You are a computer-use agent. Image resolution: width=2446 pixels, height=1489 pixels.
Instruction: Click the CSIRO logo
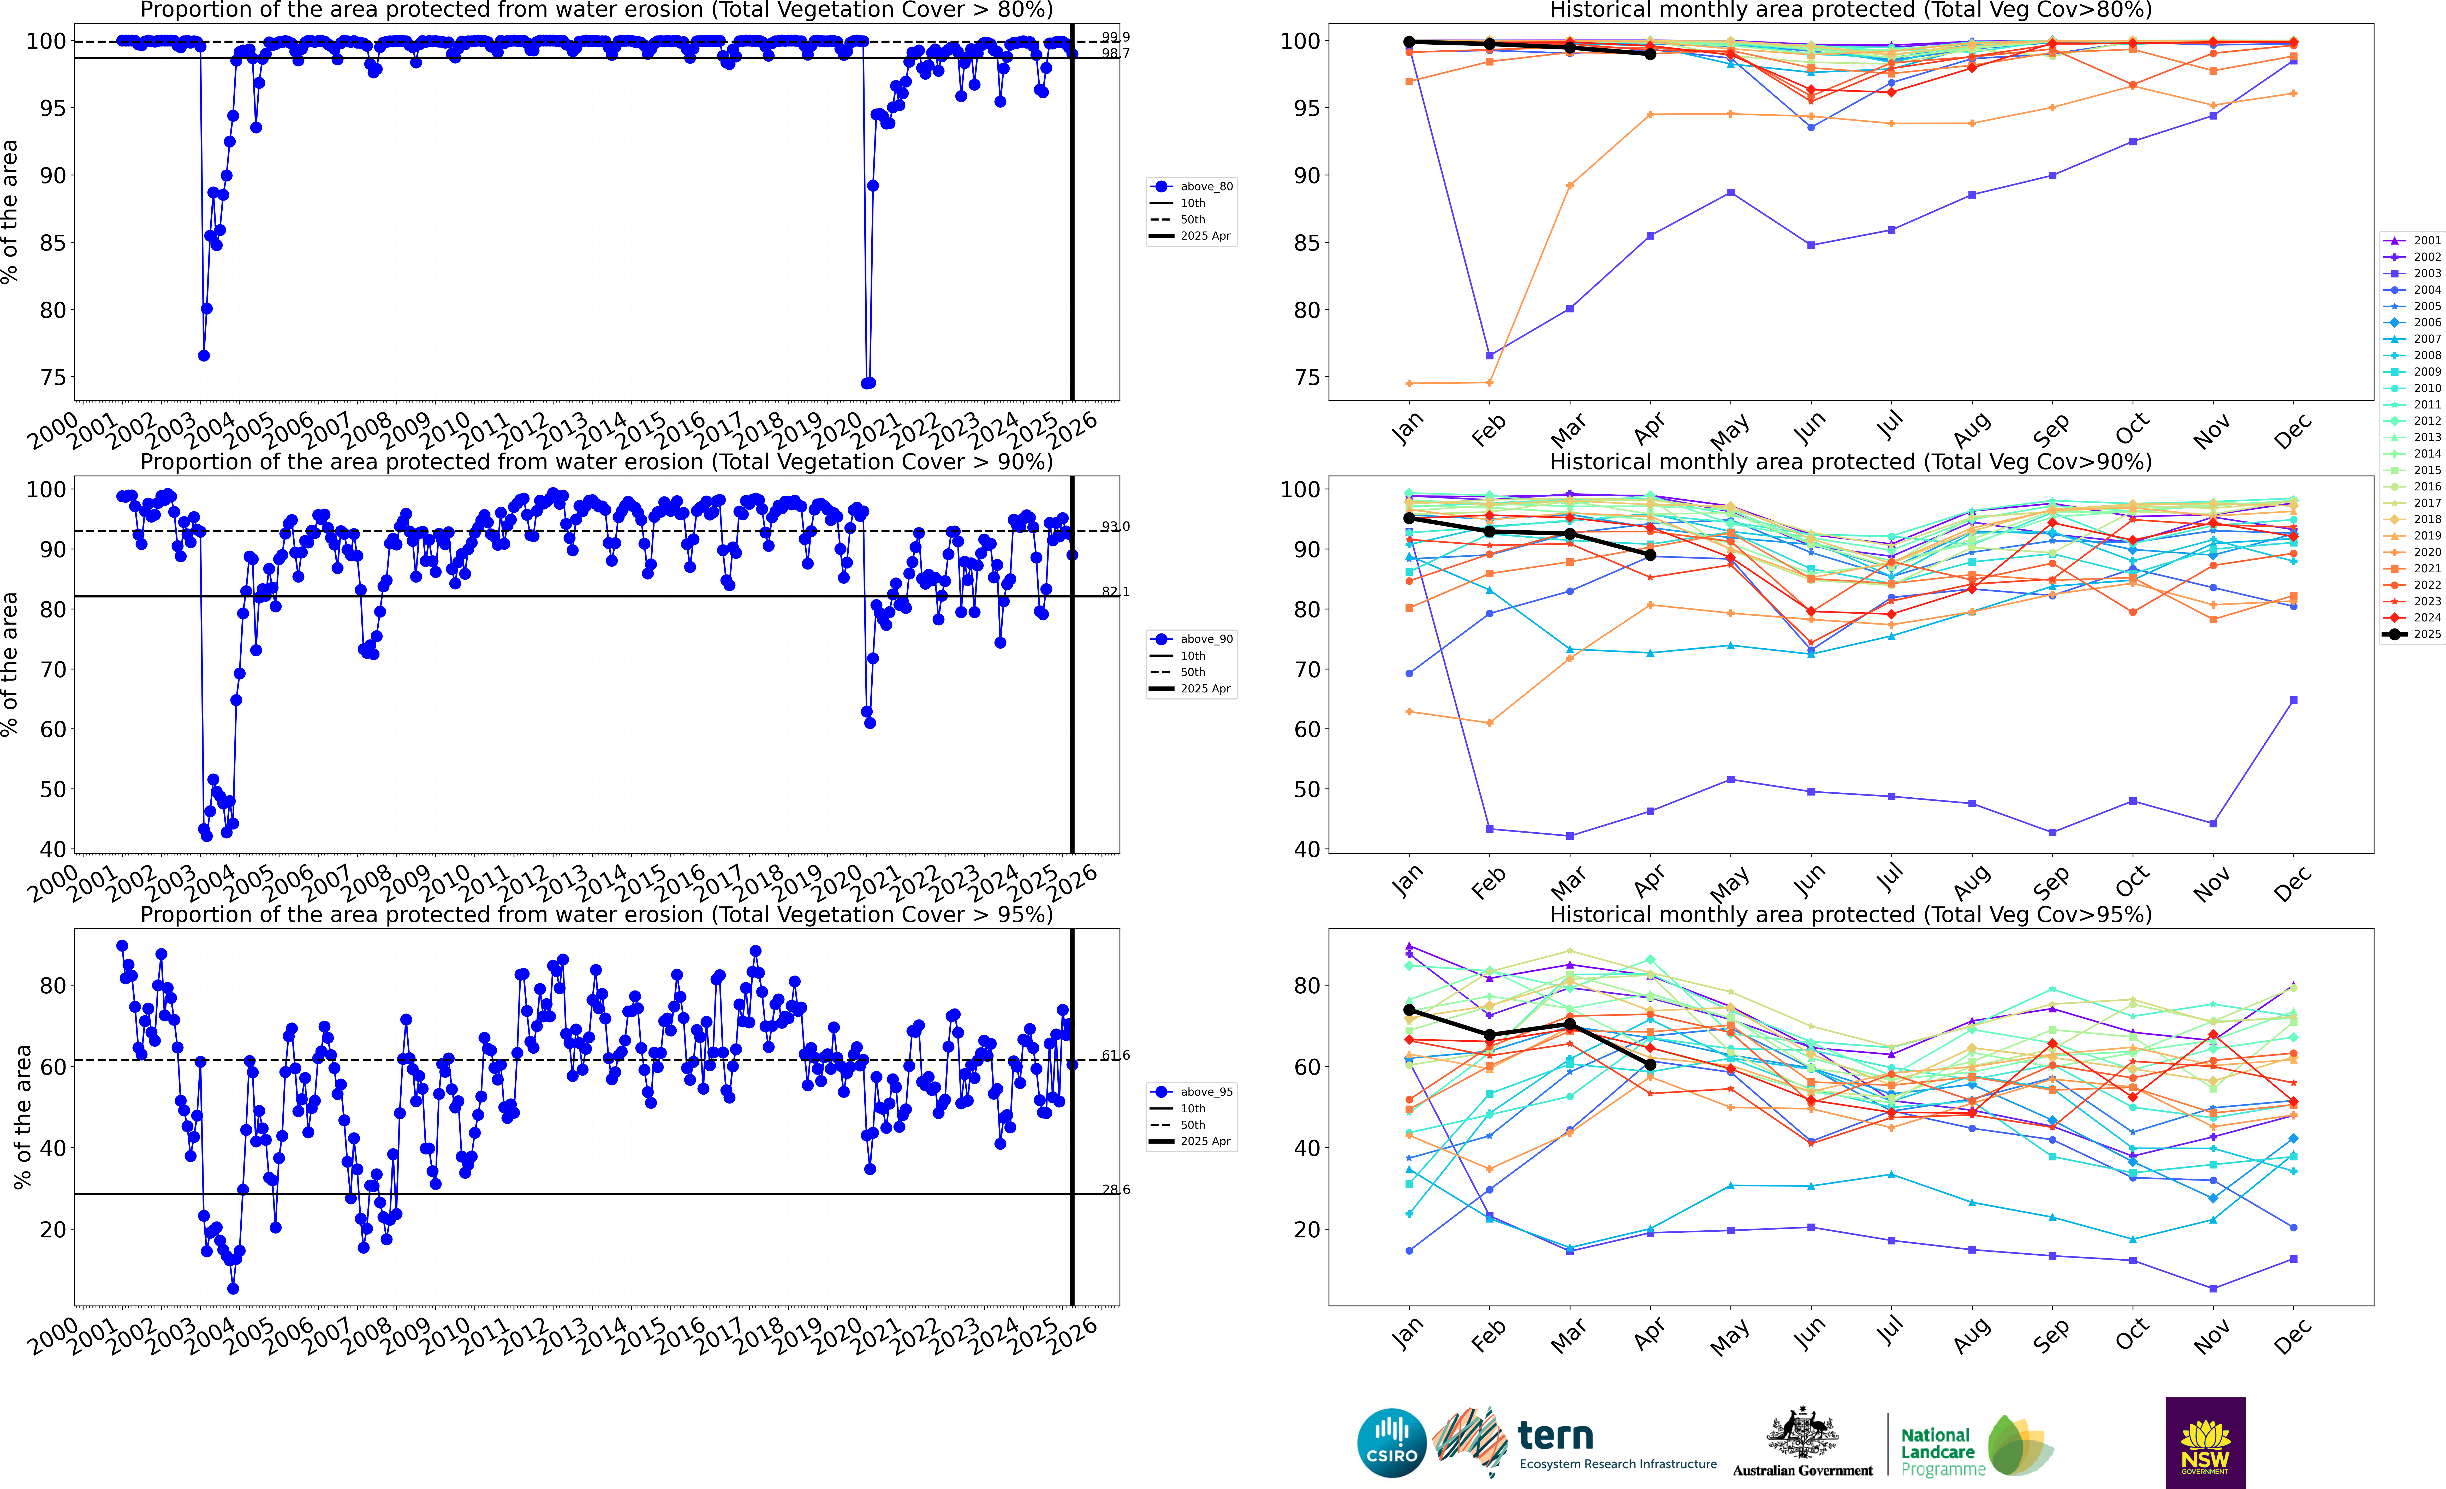coord(1392,1442)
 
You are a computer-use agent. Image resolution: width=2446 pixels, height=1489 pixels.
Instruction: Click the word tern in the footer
coord(1556,1435)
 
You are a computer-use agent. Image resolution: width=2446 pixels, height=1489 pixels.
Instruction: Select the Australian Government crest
coord(1802,1434)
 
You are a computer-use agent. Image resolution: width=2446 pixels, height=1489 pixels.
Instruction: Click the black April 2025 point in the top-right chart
coord(1650,55)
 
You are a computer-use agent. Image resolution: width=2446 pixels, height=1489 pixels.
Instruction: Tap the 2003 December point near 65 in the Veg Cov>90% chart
coord(2293,701)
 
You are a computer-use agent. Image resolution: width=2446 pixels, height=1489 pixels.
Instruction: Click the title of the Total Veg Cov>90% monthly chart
coord(1850,462)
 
